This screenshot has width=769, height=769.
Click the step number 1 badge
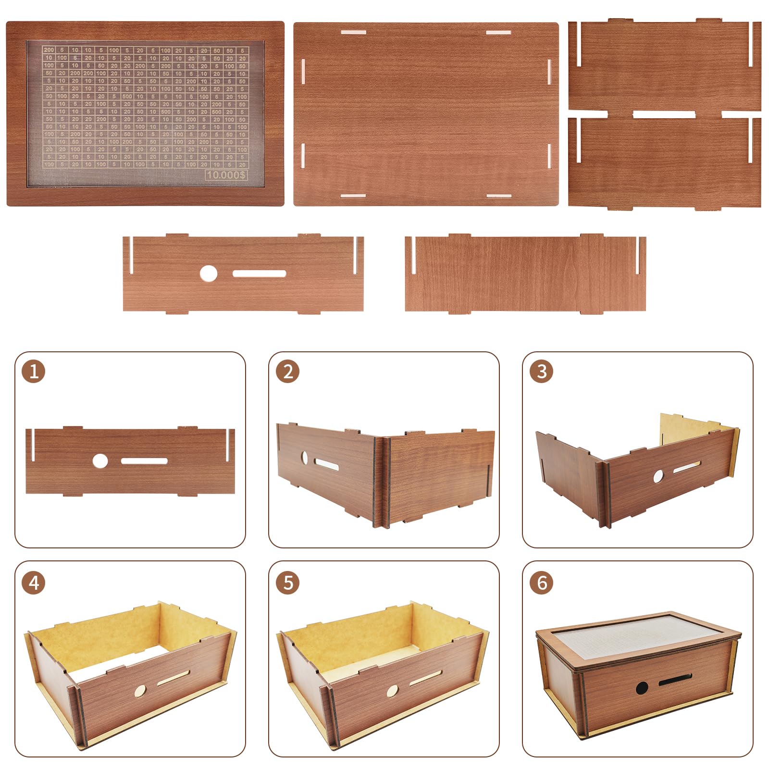click(34, 372)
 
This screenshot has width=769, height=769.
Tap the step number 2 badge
click(287, 372)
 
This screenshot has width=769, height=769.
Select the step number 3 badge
click(541, 372)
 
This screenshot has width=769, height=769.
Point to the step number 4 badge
click(34, 583)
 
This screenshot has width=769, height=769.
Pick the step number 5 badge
click(287, 583)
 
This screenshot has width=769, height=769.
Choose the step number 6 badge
click(541, 583)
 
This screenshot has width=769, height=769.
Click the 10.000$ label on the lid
click(226, 175)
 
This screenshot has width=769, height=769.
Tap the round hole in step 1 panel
click(100, 461)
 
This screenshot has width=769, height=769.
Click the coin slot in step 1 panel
click(144, 461)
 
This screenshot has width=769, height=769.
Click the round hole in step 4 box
click(140, 691)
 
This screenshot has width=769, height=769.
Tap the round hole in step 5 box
click(393, 691)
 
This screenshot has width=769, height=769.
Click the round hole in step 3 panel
click(658, 476)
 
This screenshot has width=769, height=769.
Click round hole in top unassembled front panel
click(208, 274)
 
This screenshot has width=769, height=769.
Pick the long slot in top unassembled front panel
click(259, 273)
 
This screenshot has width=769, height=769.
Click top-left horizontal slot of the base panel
click(353, 33)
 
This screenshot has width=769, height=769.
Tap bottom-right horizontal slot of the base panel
click(498, 196)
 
